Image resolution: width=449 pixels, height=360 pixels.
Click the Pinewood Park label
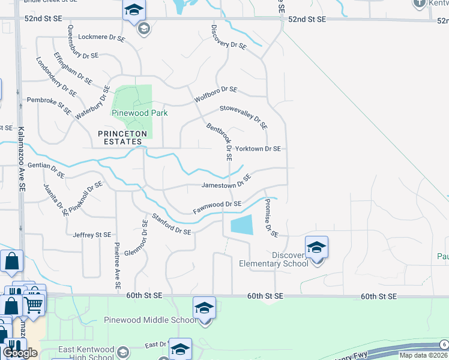(139, 113)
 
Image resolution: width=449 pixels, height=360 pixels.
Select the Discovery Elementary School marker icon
(316, 247)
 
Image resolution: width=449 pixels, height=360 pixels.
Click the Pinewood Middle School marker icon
(204, 308)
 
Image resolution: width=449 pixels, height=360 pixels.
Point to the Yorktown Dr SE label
(258, 148)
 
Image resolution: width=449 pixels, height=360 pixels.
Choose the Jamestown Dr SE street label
(226, 182)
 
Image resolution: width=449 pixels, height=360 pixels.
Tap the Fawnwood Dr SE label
(217, 208)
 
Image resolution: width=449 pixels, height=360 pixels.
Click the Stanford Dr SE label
(171, 224)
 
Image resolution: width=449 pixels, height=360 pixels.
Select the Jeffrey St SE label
(92, 235)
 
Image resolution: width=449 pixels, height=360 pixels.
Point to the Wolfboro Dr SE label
(215, 94)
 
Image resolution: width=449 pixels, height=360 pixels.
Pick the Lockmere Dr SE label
(101, 38)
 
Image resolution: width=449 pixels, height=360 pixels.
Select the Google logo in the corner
(20, 353)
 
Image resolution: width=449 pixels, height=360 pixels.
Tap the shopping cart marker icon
(34, 305)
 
